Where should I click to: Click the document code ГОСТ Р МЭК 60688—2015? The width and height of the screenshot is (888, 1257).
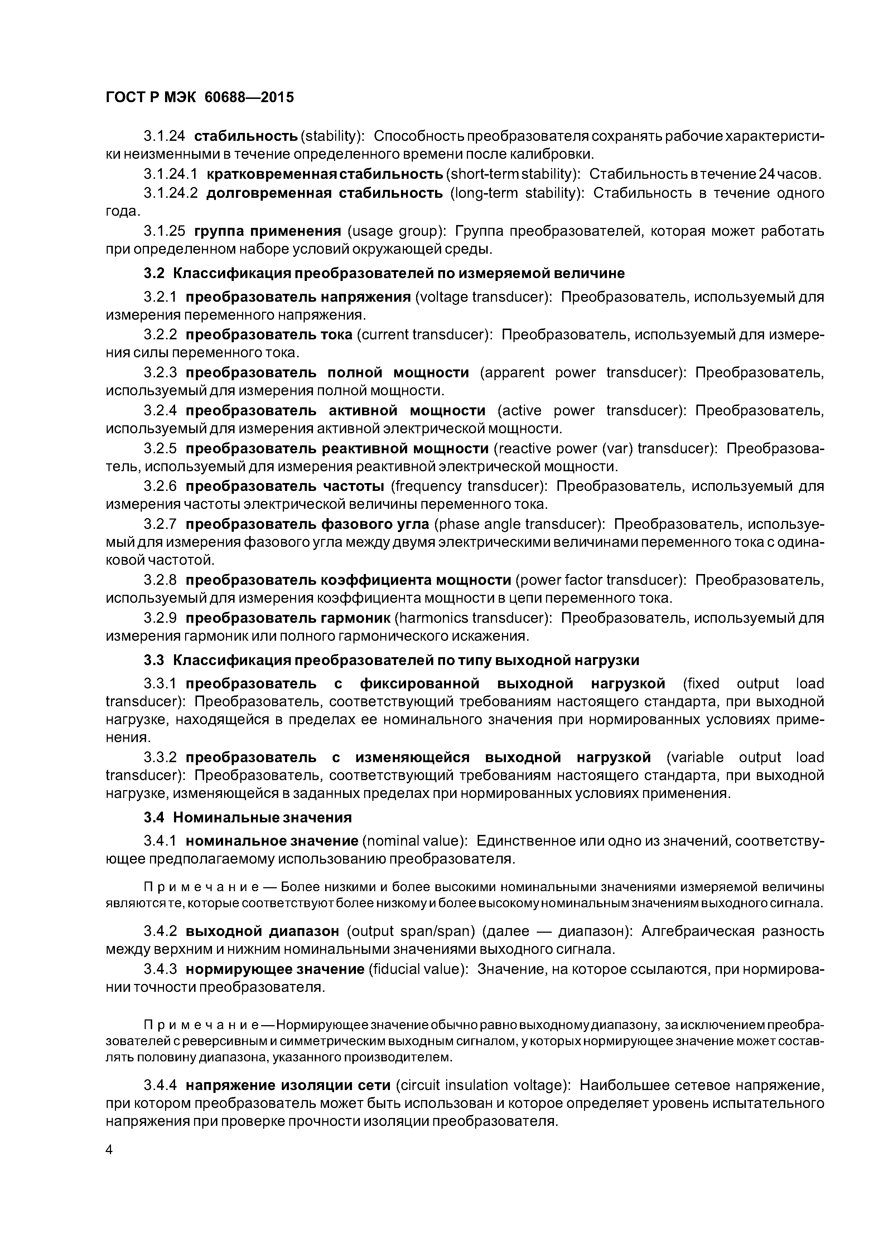199,97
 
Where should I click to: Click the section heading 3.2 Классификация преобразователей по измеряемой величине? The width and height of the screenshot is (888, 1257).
384,273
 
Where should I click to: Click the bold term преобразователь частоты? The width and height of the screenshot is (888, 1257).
285,487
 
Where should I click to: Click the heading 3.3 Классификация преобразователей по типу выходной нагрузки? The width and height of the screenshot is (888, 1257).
391,660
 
